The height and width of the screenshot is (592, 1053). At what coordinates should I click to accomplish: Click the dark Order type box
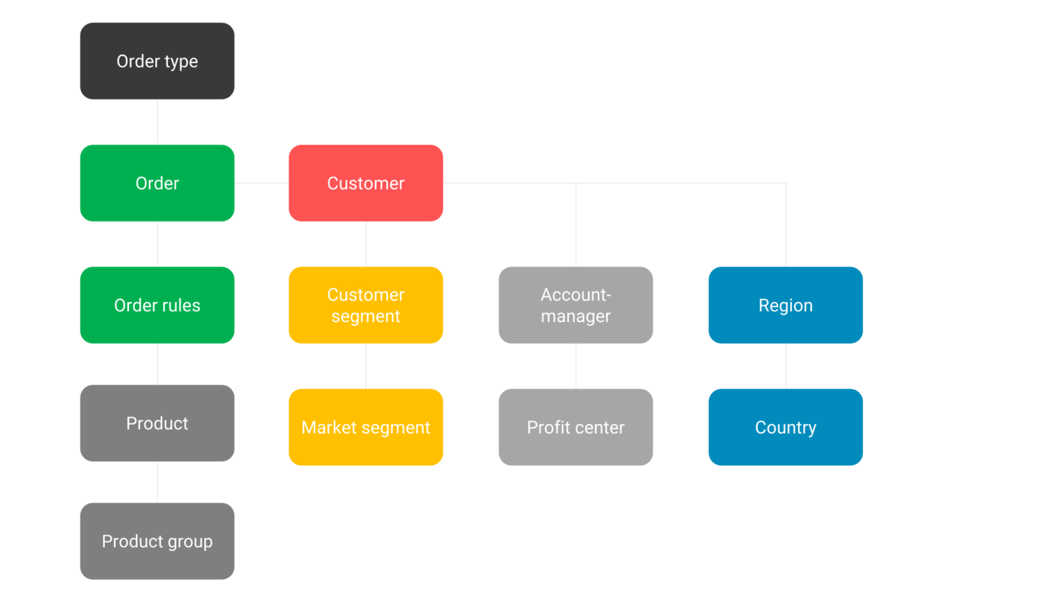157,61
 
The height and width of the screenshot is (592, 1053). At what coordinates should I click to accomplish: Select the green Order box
157,183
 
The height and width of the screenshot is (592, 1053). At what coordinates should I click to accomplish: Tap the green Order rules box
157,305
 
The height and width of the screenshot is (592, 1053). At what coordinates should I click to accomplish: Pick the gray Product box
157,423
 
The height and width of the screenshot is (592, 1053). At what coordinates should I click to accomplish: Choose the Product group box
157,541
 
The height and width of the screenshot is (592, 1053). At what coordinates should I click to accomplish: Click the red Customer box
365,183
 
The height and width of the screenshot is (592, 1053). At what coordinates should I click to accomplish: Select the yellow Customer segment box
365,305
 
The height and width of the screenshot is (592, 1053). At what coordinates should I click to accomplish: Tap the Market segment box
365,427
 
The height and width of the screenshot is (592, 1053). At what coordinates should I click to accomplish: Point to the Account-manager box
576,305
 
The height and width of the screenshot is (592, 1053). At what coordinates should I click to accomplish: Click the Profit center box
576,427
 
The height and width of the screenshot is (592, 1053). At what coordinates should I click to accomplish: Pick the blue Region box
786,305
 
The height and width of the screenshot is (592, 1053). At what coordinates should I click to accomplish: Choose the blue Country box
786,427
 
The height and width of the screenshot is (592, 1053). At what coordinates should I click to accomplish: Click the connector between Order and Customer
261,183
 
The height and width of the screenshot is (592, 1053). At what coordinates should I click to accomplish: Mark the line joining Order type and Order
157,122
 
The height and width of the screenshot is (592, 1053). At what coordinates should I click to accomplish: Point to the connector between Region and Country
786,366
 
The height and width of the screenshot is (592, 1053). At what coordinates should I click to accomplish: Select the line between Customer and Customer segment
366,244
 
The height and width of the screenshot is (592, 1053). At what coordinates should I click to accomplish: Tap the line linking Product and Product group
157,482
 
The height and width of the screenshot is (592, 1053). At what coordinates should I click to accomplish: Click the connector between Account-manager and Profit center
576,366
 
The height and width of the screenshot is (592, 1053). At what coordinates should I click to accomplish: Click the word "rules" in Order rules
182,306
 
